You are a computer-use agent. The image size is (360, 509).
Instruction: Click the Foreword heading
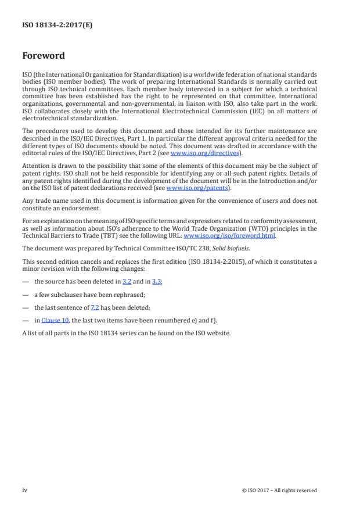[44, 56]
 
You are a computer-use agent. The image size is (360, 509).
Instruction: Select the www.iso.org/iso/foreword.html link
[229, 236]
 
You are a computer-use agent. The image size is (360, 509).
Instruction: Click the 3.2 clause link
[126, 281]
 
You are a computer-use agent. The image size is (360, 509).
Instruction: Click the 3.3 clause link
[156, 281]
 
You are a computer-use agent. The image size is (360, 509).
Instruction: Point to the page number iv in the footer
[25, 490]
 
